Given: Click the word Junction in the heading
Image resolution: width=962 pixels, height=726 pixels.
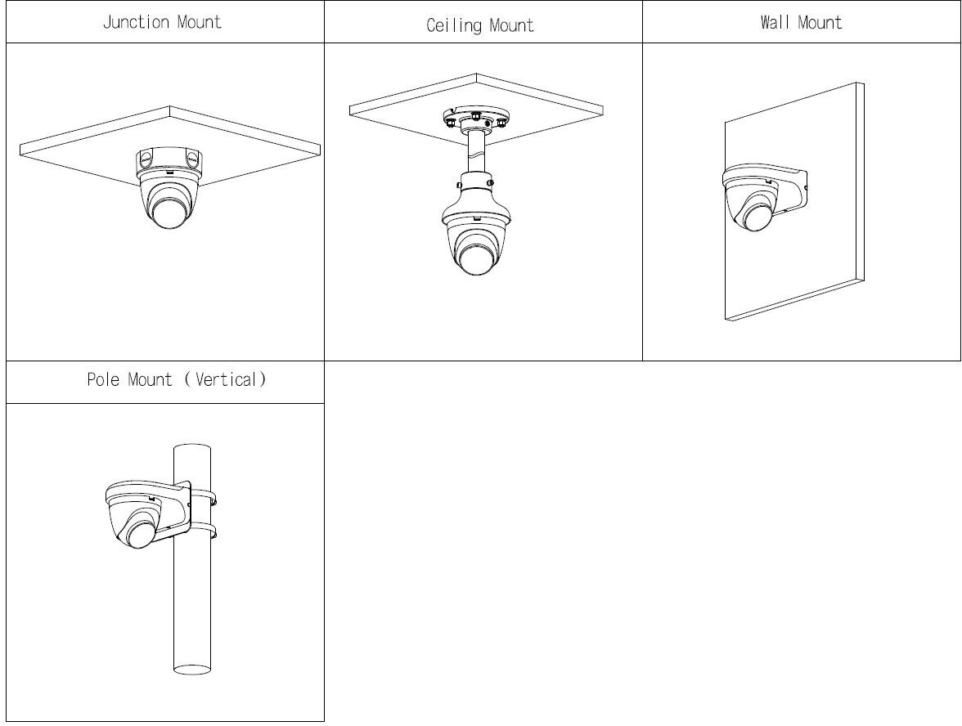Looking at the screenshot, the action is (x=136, y=23).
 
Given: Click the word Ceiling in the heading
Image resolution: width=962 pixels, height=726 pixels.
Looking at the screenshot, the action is (x=453, y=26).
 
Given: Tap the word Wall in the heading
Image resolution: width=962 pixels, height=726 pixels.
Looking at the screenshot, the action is (x=774, y=23).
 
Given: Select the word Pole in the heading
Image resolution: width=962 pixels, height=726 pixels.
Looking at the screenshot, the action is (x=103, y=379).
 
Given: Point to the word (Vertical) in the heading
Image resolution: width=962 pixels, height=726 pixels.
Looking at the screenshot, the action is (x=225, y=379).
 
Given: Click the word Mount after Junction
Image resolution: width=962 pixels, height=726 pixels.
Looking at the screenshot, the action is (x=199, y=23).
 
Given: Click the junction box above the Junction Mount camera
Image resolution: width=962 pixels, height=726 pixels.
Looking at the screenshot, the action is (x=169, y=160).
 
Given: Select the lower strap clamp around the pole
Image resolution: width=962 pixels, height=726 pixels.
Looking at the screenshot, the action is (x=203, y=529).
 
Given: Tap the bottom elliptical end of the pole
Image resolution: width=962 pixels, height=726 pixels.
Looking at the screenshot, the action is (x=192, y=669).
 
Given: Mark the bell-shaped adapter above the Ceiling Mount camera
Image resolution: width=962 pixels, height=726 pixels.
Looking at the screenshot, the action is (x=476, y=203).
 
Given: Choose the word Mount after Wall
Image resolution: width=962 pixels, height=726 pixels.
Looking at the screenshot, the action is (x=820, y=23).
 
